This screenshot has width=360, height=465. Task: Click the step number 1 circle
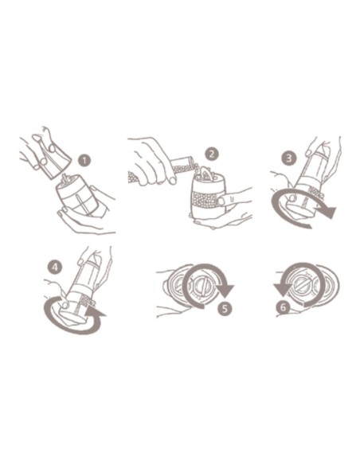coord(84,161)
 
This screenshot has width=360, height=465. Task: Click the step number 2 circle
coord(212,154)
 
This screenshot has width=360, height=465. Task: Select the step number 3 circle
coord(289,158)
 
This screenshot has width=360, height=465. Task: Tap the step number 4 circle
coord(55,268)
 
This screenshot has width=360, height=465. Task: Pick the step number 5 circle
coord(225,309)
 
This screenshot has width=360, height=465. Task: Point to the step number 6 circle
coord(283,307)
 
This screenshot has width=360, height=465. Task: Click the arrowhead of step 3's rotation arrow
coord(327,213)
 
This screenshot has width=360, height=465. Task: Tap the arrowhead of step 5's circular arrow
coord(225,291)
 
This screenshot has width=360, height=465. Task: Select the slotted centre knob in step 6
coord(303,285)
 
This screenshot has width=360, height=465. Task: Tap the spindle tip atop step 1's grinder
coord(65,178)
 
